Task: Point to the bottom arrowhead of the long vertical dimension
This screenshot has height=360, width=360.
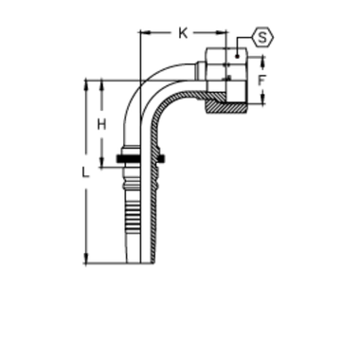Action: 86,257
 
